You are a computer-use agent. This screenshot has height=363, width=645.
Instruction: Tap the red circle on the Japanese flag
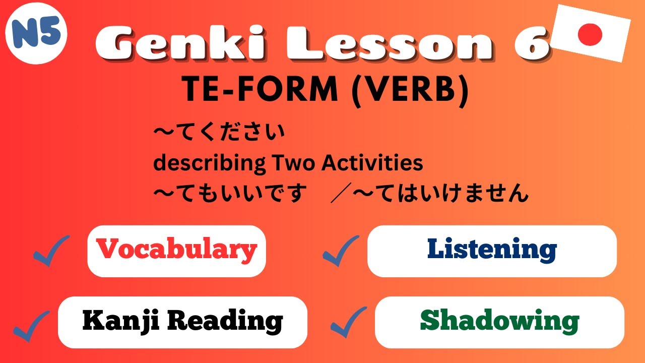point(590,34)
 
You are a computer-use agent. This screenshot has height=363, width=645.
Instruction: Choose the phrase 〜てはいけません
point(440,193)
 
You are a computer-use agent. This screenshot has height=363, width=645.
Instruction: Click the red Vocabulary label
point(176,250)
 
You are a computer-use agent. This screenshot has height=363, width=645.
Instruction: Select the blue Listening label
point(492,250)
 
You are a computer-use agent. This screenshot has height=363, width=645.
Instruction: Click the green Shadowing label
point(499,321)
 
